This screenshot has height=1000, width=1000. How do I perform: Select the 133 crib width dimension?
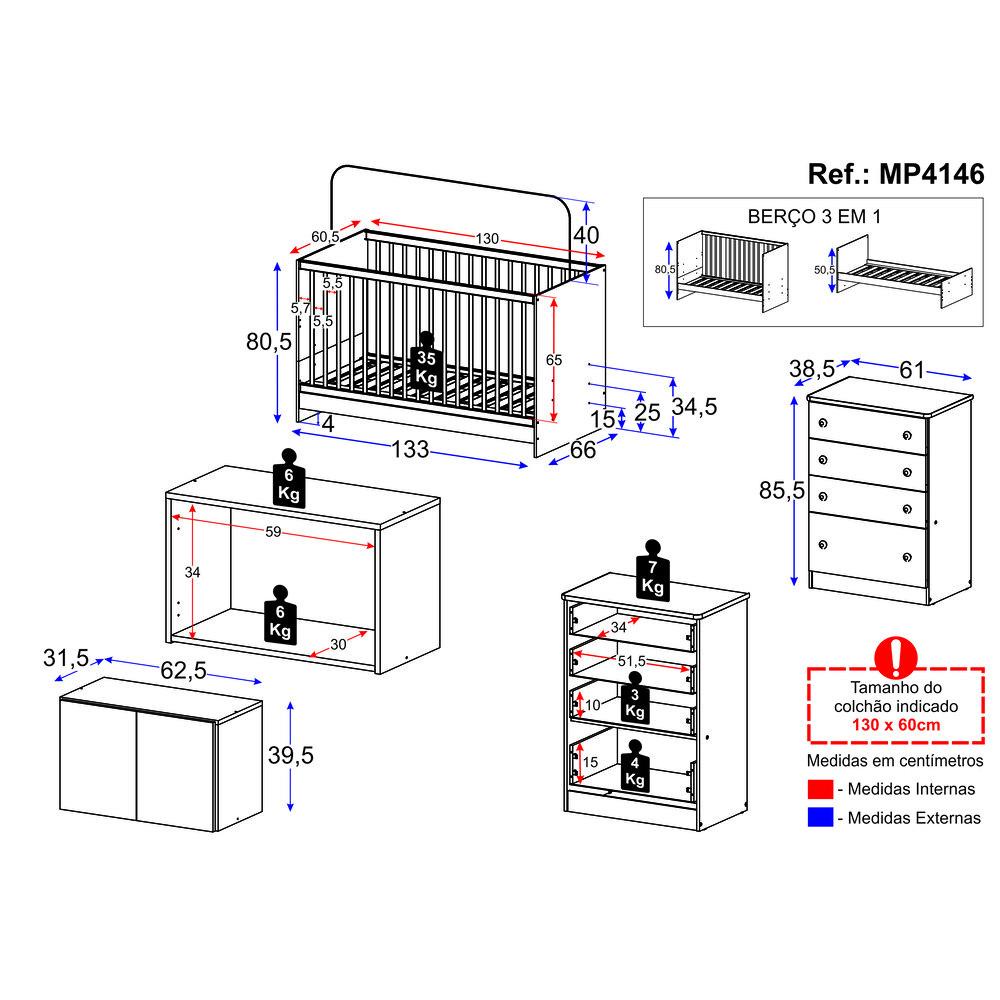[409, 450]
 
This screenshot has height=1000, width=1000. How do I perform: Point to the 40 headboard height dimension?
[588, 235]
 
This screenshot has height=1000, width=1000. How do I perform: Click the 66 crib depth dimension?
[582, 450]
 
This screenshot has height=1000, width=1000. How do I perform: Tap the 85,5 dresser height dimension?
[783, 491]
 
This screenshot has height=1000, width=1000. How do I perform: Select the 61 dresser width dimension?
[911, 369]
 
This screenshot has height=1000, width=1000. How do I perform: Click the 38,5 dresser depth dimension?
[812, 369]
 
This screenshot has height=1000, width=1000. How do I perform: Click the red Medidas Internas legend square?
[819, 789]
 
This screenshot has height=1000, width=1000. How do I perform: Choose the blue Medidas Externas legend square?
[819, 818]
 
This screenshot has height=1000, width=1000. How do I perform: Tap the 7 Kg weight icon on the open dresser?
[653, 570]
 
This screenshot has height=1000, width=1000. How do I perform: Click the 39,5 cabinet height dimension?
[292, 756]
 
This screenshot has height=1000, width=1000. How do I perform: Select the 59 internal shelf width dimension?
[273, 532]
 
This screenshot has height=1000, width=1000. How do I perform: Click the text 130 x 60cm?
[895, 725]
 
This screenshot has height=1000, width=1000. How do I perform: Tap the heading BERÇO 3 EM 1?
[813, 217]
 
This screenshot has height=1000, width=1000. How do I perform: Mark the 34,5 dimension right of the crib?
[693, 406]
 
